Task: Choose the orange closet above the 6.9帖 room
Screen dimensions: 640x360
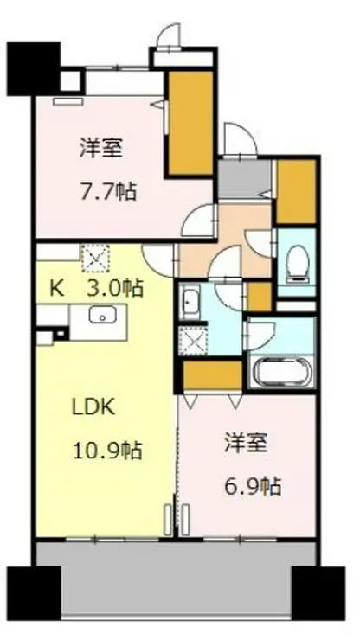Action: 212,374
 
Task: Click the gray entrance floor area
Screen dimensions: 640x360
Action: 232,180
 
